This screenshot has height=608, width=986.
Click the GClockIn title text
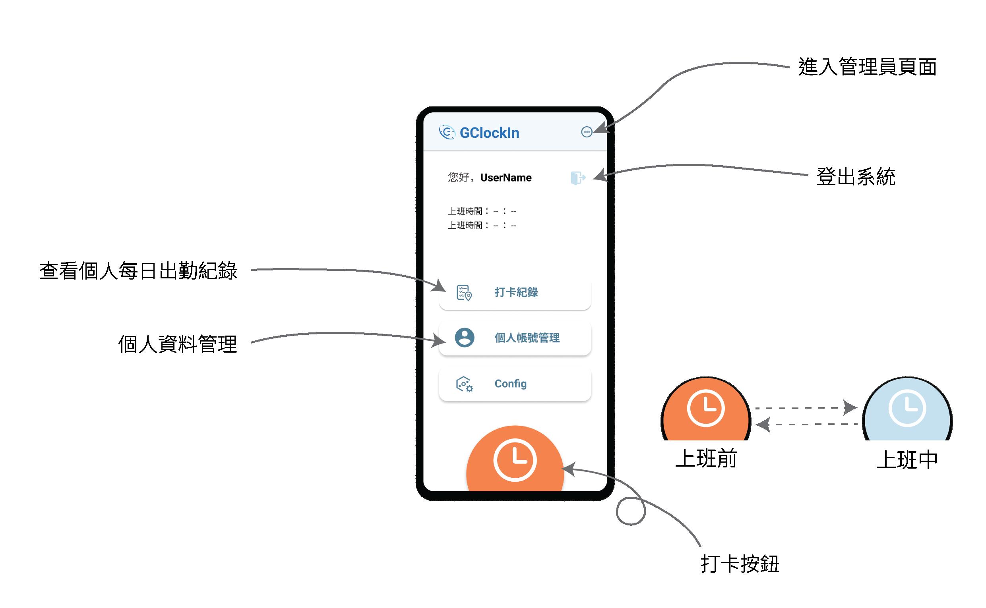[x=489, y=133]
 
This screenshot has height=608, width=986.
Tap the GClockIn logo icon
[x=447, y=132]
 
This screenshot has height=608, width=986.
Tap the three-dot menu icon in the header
[x=587, y=132]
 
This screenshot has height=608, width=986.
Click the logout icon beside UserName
[x=578, y=178]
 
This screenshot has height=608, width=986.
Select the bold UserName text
[x=506, y=178]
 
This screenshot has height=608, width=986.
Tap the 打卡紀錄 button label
[x=516, y=292]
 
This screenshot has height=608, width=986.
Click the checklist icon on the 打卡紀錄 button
[x=464, y=293]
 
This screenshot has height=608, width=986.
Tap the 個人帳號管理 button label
[x=527, y=338]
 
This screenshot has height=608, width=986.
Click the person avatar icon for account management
[x=464, y=338]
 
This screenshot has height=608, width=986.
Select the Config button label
[x=511, y=384]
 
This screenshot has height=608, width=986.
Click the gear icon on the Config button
[x=465, y=384]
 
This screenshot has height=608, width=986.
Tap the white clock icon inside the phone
[x=515, y=460]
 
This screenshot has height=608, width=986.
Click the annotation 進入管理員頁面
[x=867, y=67]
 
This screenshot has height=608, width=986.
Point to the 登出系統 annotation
[x=856, y=177]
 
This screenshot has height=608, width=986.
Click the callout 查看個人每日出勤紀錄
[x=138, y=271]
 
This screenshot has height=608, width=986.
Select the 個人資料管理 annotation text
[x=177, y=345]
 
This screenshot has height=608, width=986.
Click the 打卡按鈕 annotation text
[x=740, y=564]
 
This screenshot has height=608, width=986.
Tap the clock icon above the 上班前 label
[x=705, y=408]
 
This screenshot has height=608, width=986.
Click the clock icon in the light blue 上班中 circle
[x=907, y=409]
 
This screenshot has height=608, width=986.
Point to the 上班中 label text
[x=907, y=459]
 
